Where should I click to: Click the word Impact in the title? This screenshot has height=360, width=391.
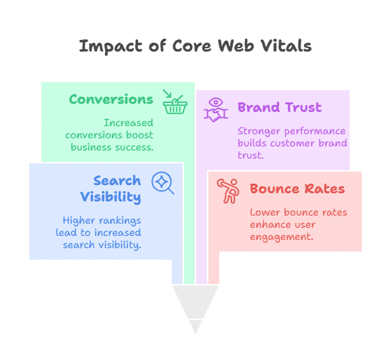click(111, 46)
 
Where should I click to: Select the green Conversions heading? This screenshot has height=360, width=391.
click(111, 100)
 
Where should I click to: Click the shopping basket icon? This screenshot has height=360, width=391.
click(175, 102)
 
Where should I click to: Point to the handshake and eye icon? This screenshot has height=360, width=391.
click(216, 110)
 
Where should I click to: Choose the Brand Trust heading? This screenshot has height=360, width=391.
click(280, 107)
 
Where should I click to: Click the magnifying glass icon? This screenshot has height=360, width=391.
click(163, 183)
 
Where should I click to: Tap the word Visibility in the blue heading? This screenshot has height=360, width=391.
click(111, 197)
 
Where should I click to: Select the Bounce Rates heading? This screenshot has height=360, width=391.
click(297, 188)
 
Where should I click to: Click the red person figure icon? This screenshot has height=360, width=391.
click(228, 191)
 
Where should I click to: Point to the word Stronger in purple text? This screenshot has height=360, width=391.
click(259, 132)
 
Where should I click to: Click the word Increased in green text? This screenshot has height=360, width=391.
click(128, 123)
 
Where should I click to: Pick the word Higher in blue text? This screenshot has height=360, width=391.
click(79, 220)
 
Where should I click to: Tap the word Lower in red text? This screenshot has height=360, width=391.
click(265, 212)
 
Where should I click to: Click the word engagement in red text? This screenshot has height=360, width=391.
click(281, 237)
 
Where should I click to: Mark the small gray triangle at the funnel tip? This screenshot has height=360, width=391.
click(195, 327)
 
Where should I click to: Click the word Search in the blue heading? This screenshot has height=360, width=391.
click(117, 180)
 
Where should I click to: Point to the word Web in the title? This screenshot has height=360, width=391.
click(236, 46)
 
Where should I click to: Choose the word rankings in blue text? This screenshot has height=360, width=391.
click(120, 221)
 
